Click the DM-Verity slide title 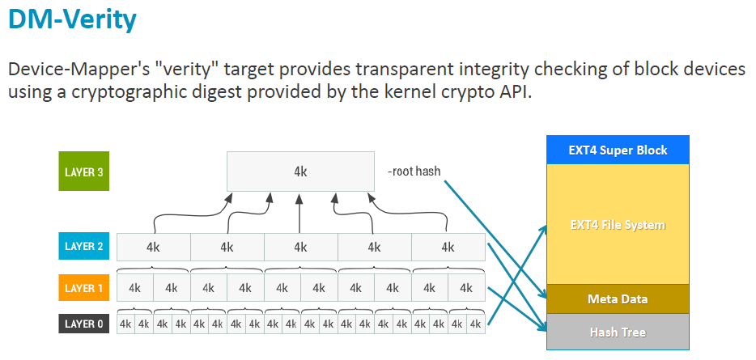72,19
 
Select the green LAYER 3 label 83,172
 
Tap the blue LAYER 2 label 83,247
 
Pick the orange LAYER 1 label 83,288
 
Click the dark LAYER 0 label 83,324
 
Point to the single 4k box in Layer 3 300,172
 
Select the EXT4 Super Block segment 618,150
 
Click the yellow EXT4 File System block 618,224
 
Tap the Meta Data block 618,299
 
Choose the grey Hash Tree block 618,332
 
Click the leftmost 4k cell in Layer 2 153,247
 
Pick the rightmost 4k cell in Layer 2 448,247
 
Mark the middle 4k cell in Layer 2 300,247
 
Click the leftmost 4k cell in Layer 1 135,288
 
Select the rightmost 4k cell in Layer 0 475,324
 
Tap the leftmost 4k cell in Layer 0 125,324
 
